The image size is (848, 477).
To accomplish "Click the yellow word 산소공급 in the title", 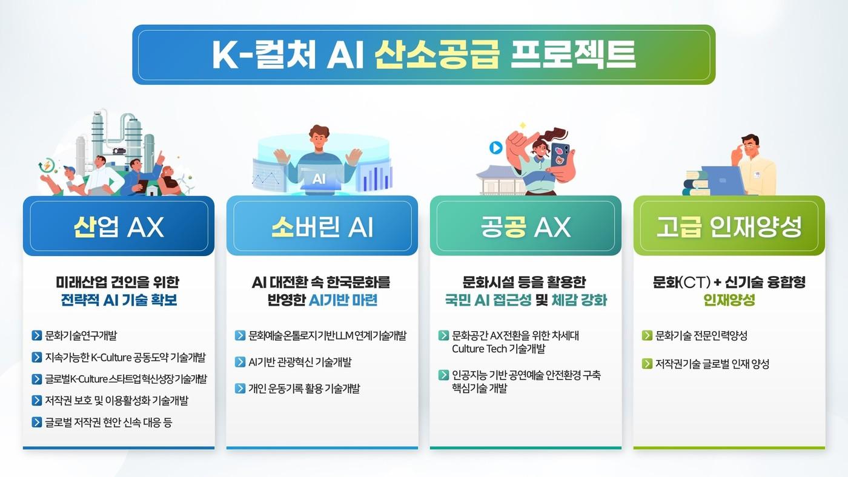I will click(x=437, y=54).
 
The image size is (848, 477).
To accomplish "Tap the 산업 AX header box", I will click(x=119, y=226).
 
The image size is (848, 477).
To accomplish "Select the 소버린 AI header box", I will click(x=322, y=226).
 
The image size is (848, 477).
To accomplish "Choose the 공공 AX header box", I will click(x=526, y=226).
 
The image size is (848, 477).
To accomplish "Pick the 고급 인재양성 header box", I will click(x=729, y=226).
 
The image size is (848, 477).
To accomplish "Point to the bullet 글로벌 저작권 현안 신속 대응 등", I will click(x=108, y=423).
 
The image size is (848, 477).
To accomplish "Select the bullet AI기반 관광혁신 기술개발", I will click(x=300, y=362).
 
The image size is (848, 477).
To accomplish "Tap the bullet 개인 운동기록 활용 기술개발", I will click(x=304, y=388).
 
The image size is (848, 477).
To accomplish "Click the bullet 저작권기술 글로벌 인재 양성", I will click(x=712, y=364).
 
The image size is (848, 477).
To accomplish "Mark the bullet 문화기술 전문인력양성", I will click(x=701, y=335).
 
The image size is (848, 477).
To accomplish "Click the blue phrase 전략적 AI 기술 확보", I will click(x=119, y=300).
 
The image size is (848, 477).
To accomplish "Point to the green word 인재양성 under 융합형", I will click(x=729, y=300).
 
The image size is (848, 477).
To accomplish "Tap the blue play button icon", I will click(x=496, y=148).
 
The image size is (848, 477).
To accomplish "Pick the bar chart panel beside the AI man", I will click(x=376, y=176).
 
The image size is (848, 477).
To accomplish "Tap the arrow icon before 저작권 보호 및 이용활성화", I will click(x=37, y=401).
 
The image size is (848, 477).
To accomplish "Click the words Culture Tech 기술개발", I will click(x=498, y=349).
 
